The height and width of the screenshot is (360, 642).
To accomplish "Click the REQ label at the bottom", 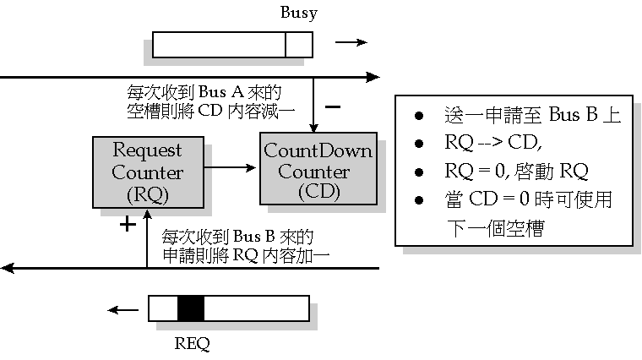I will pos(191,344).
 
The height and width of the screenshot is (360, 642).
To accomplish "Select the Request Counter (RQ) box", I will pos(148,173).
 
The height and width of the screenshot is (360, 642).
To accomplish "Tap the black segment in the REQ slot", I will pos(191,308).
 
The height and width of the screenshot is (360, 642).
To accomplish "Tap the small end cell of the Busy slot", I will pos(299,45).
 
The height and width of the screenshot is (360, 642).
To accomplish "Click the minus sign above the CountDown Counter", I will pos(333,107).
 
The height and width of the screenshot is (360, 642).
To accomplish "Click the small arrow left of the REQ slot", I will pos(127,309).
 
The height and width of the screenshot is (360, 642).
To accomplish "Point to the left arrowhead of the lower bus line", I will pos(8,268).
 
